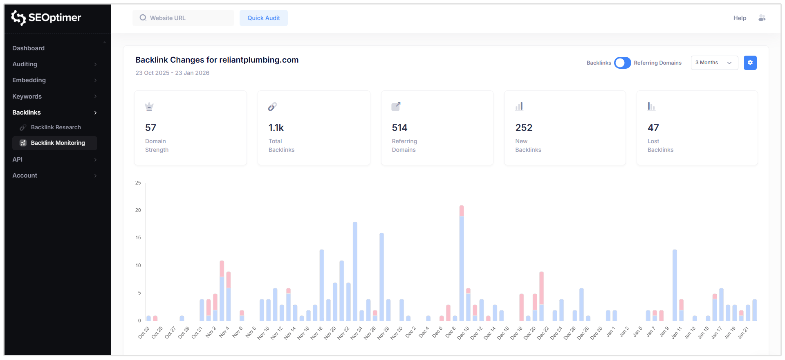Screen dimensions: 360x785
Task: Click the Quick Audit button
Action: coord(263,18)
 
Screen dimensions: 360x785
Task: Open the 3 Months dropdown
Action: coord(714,63)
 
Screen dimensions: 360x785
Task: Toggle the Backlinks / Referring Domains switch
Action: coord(622,63)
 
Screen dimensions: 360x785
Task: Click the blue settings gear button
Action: coord(750,63)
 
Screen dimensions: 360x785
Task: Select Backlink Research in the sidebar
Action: coord(56,127)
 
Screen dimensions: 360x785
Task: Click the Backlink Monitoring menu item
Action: coord(58,143)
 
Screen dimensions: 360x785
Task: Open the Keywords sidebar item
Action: coord(27,97)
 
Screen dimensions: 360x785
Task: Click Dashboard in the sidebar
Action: coord(28,48)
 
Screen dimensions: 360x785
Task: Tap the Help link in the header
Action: coord(739,18)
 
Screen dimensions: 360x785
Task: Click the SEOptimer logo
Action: coord(46,18)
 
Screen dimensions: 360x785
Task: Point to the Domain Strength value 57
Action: coord(150,128)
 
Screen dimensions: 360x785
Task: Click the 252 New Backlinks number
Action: coord(523,128)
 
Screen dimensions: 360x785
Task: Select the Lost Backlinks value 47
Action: coord(653,128)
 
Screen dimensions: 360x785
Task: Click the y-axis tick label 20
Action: coord(138,210)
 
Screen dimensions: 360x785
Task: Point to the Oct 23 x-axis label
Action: coord(144,333)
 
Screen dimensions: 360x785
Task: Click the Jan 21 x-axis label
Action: coord(743,333)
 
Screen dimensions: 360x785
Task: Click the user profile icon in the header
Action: coord(762,18)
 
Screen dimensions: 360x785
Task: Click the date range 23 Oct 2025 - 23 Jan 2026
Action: coord(172,73)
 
